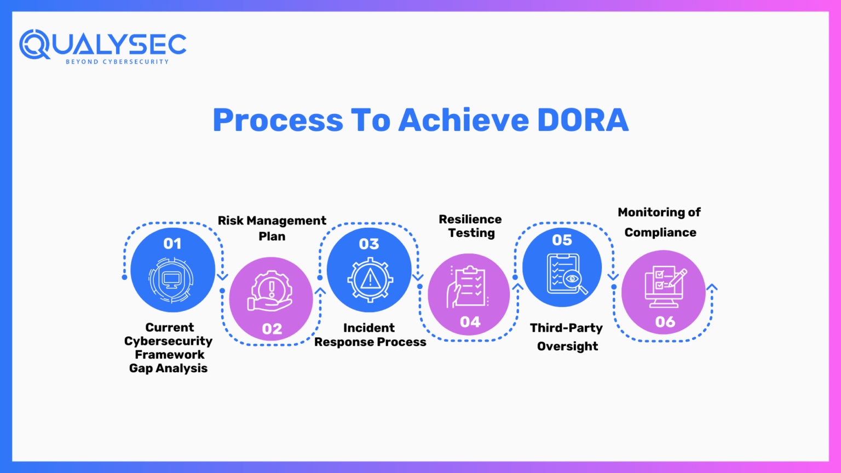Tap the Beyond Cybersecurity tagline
point(117,62)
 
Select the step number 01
point(172,244)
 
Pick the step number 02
point(272,329)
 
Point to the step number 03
point(369,244)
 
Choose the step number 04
point(470,322)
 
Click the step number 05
point(562,240)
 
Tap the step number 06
point(665,322)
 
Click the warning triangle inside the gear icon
point(370,279)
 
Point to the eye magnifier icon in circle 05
point(573,279)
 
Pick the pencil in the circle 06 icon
point(678,277)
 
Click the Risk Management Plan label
point(272,228)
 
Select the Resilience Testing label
point(470,226)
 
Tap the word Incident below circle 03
point(369,328)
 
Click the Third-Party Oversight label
point(567,337)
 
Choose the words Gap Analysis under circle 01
point(169,368)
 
